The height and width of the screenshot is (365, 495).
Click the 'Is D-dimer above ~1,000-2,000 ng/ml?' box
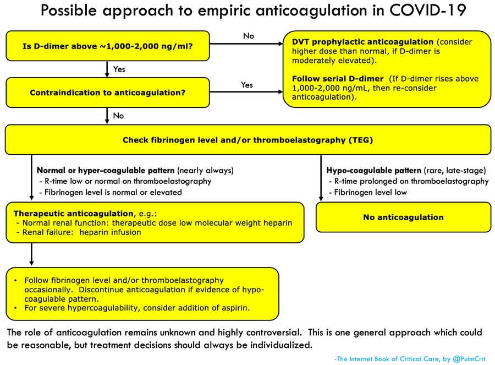[x=108, y=46]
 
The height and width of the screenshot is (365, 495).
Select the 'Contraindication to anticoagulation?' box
[x=108, y=92]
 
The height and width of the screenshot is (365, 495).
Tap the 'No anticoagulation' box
[x=404, y=217]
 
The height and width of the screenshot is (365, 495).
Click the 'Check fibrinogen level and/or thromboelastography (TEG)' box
[x=248, y=140]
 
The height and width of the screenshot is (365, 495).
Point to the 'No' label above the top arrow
[x=249, y=36]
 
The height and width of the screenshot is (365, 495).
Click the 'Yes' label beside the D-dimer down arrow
[x=119, y=69]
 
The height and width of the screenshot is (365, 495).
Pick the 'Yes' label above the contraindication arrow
[x=246, y=85]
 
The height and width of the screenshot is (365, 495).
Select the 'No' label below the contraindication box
[x=118, y=116]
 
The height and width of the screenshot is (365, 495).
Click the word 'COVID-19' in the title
[x=428, y=10]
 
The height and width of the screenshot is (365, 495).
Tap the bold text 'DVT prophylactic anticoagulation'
[x=362, y=42]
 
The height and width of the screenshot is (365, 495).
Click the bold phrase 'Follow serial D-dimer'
[x=338, y=78]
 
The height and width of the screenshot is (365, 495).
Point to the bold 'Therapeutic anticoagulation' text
[x=74, y=214]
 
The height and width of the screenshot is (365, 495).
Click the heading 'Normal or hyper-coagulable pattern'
[x=106, y=170]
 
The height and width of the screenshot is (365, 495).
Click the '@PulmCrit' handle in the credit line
[x=469, y=359]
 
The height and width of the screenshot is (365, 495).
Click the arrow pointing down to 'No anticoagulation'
[x=321, y=178]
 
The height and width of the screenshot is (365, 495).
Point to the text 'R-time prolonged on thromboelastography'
[x=411, y=181]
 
